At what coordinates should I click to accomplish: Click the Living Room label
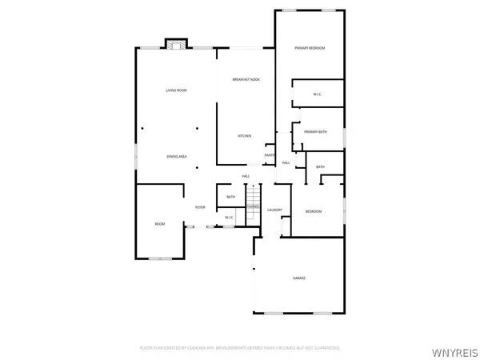click(x=176, y=90)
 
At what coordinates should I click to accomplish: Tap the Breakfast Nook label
click(x=246, y=79)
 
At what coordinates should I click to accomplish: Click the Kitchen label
click(x=245, y=136)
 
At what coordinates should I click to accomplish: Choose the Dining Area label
click(x=176, y=156)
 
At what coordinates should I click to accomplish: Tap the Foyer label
click(x=200, y=207)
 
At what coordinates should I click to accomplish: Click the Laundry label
click(x=275, y=210)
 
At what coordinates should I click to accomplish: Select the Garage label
click(x=298, y=278)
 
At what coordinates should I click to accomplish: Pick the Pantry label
click(x=270, y=155)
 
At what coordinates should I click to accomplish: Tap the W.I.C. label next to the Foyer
click(x=229, y=218)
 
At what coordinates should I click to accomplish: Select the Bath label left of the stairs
click(x=230, y=197)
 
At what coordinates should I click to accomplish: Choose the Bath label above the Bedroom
click(x=320, y=166)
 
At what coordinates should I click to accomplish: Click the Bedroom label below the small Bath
click(x=313, y=211)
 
